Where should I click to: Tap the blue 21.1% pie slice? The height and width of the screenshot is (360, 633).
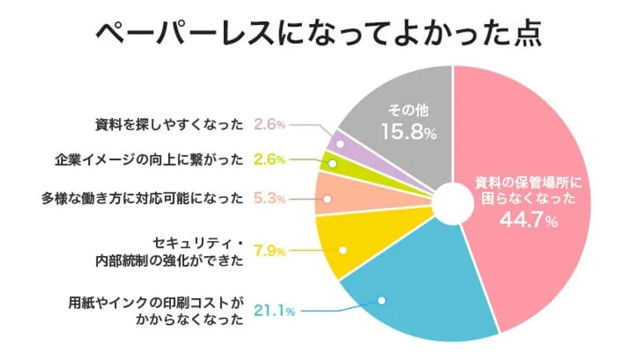point(422,301)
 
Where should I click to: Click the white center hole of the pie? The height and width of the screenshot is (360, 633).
point(451,203)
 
